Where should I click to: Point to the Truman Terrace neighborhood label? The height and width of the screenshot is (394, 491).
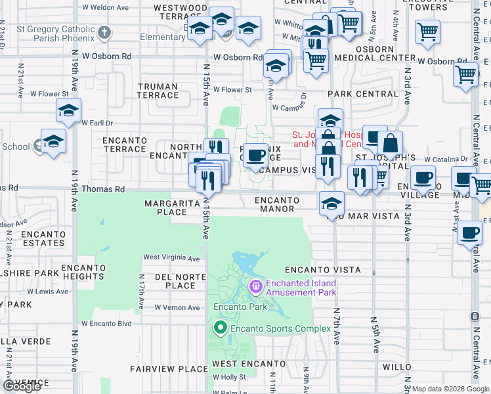(158, 91)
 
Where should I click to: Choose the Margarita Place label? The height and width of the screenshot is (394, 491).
(167, 208)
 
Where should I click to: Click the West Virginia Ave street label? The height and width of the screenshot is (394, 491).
(171, 258)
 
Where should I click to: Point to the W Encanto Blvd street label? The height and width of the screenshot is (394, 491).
(106, 324)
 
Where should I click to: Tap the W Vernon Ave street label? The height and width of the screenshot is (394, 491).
(177, 307)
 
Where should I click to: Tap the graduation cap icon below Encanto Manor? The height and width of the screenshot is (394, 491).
(332, 203)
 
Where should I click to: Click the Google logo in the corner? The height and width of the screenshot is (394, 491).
(22, 387)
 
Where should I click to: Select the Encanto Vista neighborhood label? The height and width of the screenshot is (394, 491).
(322, 270)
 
